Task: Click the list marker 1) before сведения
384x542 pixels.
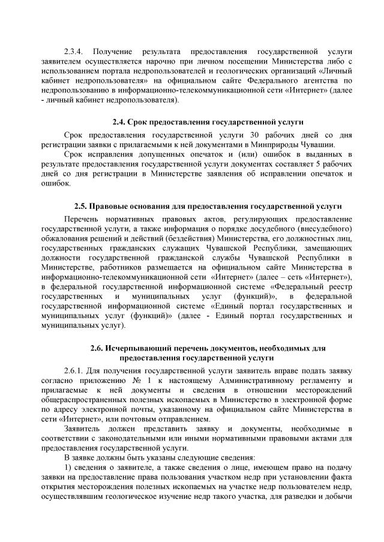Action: point(68,467)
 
